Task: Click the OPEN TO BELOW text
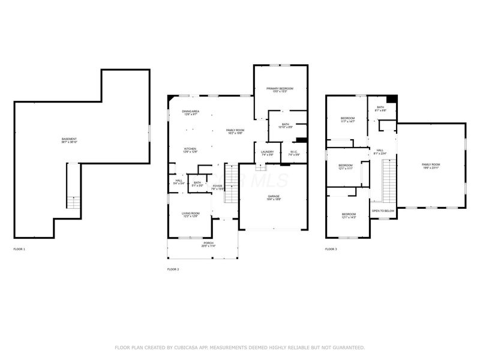tap(383, 211)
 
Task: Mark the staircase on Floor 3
tap(389, 183)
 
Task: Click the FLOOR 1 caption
tap(19, 248)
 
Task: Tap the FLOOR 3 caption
tap(331, 248)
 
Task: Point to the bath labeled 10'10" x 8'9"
tap(286, 125)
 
